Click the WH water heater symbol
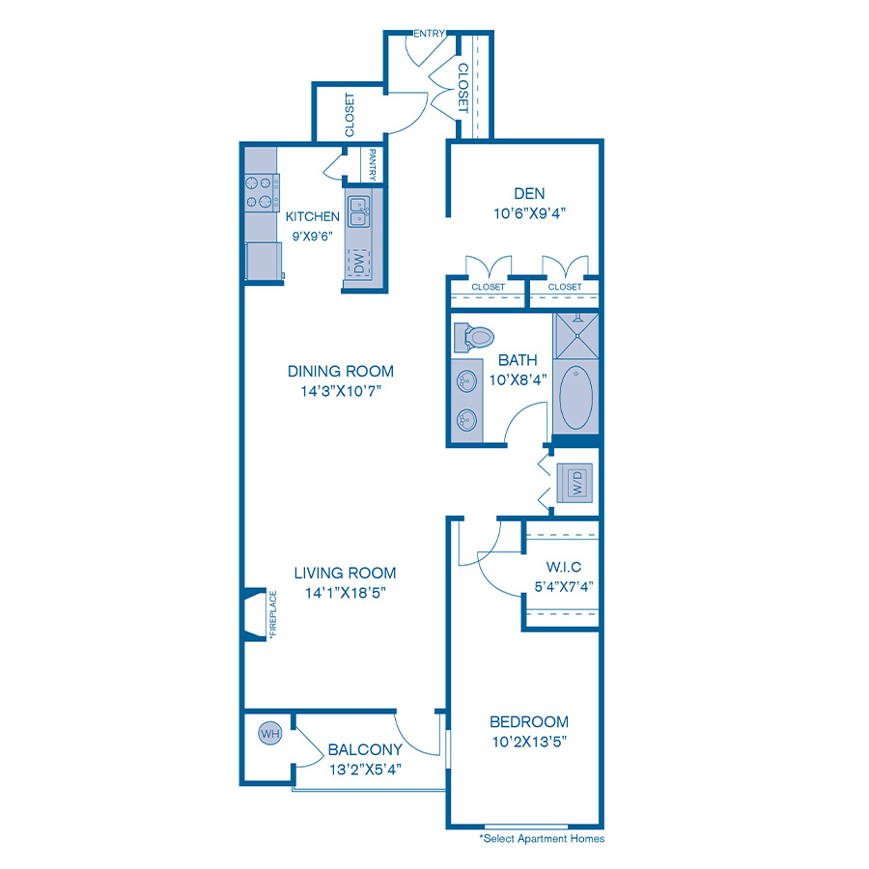click(x=269, y=735)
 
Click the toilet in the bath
click(x=473, y=337)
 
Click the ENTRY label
click(x=429, y=34)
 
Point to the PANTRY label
click(x=372, y=164)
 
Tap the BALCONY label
click(x=365, y=749)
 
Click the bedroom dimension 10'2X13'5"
click(x=528, y=743)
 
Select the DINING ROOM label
click(x=341, y=371)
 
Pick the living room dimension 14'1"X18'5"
click(x=346, y=592)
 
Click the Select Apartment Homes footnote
click(x=542, y=839)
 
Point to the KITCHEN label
click(x=313, y=216)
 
